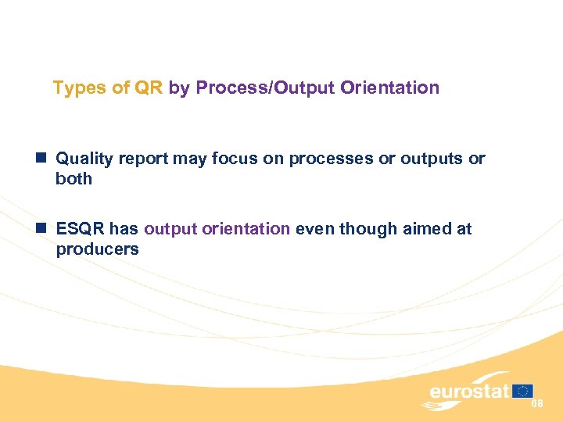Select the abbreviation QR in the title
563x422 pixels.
[x=148, y=88]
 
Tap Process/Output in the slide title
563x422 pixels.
[x=266, y=88]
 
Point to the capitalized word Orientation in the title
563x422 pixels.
[x=390, y=88]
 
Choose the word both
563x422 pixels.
[x=74, y=179]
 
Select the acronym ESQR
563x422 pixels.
[x=81, y=229]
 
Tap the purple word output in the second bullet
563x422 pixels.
[x=170, y=229]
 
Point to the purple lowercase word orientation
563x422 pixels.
[x=246, y=229]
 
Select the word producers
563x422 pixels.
[x=97, y=249]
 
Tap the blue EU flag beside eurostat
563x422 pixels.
[x=523, y=390]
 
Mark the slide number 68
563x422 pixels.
[x=537, y=403]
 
